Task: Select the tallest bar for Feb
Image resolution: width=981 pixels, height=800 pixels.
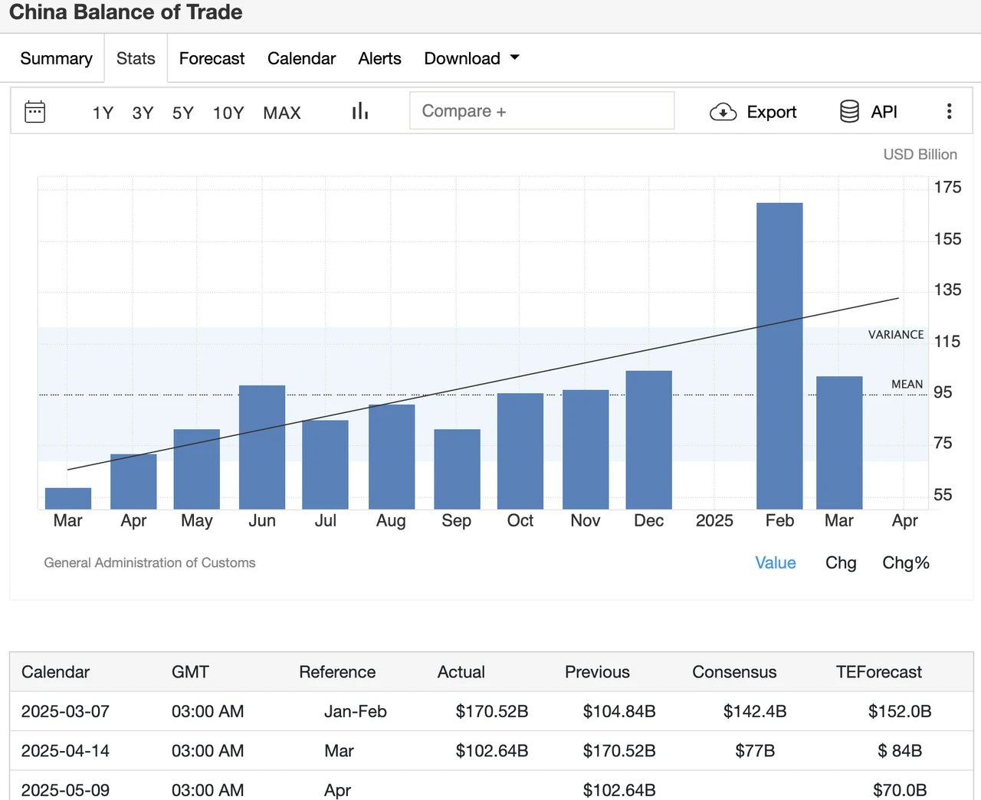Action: tap(779, 356)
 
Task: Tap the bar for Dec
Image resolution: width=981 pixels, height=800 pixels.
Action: tap(648, 440)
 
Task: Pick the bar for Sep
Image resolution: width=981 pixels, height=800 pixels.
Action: tap(457, 469)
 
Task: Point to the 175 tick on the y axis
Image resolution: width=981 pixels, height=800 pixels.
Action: tap(947, 187)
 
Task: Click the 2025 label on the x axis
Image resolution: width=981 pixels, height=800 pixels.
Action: tap(714, 520)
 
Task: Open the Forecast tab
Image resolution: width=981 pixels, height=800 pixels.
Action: tap(212, 58)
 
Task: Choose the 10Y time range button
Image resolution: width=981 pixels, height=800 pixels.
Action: tap(228, 113)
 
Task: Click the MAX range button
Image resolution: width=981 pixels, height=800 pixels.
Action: tap(282, 113)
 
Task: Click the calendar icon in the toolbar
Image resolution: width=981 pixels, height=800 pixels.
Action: tap(35, 112)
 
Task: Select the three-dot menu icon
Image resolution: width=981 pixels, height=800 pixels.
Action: tap(949, 111)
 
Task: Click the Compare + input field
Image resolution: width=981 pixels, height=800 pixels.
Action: tap(542, 111)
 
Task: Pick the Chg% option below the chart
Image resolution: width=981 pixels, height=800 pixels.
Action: tap(905, 562)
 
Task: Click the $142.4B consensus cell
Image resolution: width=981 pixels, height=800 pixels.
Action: tap(755, 711)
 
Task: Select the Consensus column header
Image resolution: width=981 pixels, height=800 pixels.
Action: tap(734, 672)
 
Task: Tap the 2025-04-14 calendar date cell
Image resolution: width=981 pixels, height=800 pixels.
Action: tap(65, 750)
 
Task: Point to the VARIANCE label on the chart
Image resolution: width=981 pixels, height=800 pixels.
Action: tap(896, 334)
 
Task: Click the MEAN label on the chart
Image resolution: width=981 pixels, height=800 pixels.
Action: tap(907, 384)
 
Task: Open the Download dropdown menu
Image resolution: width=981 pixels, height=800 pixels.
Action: tap(471, 58)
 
